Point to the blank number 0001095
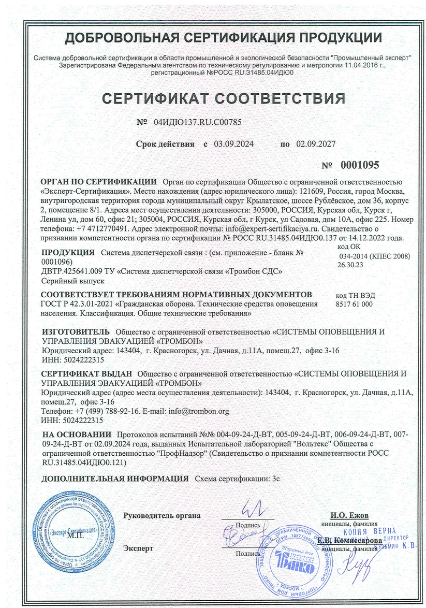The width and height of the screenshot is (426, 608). (360, 165)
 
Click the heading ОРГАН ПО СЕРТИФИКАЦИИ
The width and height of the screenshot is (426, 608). (98, 182)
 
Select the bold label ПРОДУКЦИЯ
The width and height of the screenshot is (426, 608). (67, 253)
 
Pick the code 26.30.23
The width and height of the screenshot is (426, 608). (350, 264)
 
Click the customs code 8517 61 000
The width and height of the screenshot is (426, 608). (355, 305)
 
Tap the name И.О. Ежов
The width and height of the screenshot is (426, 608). (349, 515)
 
